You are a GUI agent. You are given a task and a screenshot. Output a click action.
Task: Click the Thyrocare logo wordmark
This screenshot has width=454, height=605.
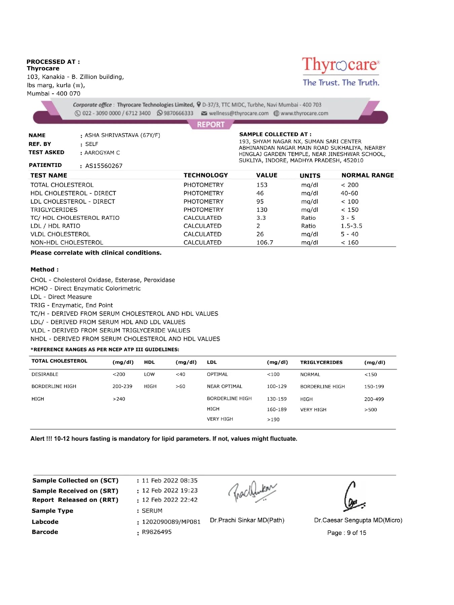341,65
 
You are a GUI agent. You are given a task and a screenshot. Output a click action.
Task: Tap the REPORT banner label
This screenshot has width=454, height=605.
211,125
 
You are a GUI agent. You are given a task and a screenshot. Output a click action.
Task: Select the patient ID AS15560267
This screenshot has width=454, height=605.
104,166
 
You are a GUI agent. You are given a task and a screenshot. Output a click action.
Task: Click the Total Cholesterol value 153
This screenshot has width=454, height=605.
262,185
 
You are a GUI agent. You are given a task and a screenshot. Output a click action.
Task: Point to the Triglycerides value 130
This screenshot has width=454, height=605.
262,210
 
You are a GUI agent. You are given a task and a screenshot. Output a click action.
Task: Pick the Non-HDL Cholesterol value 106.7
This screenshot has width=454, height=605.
265,242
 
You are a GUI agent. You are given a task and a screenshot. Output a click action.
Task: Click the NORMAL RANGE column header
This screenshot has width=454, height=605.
368,175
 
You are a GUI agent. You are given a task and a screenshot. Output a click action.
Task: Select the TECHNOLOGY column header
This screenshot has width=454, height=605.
205,175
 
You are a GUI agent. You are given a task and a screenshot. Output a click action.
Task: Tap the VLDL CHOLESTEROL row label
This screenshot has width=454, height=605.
60,234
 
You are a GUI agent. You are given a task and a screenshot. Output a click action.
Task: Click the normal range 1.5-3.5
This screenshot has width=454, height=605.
351,226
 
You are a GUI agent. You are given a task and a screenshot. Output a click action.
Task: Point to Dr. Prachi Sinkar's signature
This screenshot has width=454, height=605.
252,492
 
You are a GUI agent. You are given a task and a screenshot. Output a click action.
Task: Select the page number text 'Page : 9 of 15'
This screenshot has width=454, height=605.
346,533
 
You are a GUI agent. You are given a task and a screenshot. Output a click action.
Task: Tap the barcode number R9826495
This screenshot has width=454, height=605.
157,532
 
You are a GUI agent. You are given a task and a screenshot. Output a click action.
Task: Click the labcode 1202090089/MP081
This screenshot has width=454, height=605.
171,522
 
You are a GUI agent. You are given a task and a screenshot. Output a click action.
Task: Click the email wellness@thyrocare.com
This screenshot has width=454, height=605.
238,113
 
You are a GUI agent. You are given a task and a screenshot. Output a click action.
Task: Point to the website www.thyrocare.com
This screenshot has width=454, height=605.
304,113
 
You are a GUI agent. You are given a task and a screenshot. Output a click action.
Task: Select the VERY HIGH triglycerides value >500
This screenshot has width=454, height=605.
370,410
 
